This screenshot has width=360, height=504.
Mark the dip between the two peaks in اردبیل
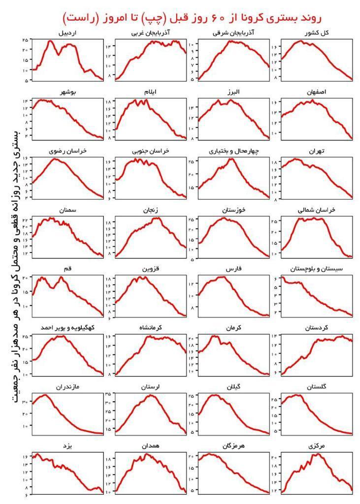coord(59,54)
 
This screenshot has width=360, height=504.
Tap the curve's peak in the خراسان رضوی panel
coord(55,159)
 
